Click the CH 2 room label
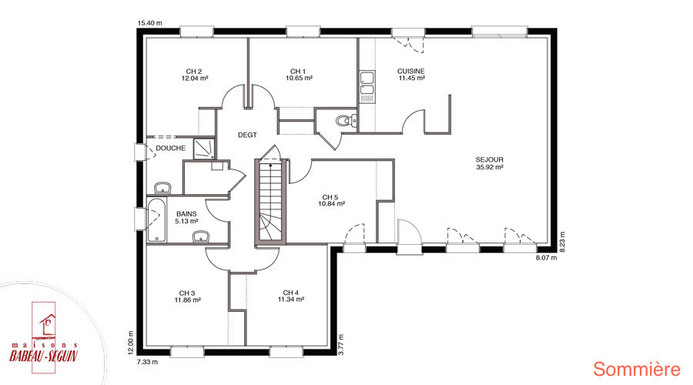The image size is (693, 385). coord(194,71)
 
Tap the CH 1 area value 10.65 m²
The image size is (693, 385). coord(300,79)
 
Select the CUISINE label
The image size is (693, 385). coord(411,71)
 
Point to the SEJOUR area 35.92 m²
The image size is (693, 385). coord(490,167)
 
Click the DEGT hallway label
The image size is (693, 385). coord(247,135)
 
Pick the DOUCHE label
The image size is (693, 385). coord(171,148)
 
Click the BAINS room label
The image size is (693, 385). coord(186,214)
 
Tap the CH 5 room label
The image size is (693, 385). coord(330,197)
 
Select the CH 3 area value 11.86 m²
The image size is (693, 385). coord(188,300)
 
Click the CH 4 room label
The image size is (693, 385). coord(291,293)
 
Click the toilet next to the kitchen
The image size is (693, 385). coord(346,120)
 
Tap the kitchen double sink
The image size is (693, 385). coord(367,83)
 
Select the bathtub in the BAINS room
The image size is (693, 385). coord(156,219)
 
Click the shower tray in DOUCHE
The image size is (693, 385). coord(204,149)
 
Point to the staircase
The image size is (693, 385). coord(270,201)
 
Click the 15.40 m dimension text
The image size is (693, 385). coord(150,23)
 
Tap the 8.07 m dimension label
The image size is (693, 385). coord(546,257)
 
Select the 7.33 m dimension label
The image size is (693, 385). coord(147,362)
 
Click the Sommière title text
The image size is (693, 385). coord(637,369)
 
